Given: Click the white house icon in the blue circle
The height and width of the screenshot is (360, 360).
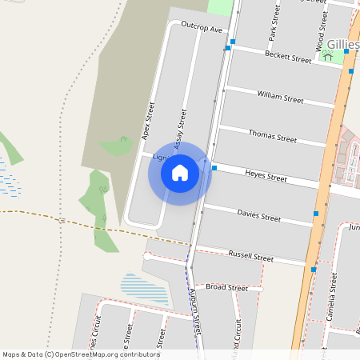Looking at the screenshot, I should [x=179, y=173].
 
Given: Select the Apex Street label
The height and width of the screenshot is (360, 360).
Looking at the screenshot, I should [x=148, y=120].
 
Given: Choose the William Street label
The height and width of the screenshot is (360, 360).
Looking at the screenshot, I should [x=280, y=98].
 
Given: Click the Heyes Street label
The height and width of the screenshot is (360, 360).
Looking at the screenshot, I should [x=266, y=175].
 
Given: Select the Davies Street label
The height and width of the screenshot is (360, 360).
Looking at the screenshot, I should [x=259, y=215].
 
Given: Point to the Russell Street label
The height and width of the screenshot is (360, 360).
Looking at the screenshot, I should [x=251, y=257].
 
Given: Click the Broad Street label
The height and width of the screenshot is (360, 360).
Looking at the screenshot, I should [x=226, y=287].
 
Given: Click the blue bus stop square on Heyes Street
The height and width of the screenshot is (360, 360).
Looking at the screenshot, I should [x=214, y=168].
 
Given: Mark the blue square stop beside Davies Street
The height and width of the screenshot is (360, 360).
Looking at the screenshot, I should [x=316, y=214].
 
